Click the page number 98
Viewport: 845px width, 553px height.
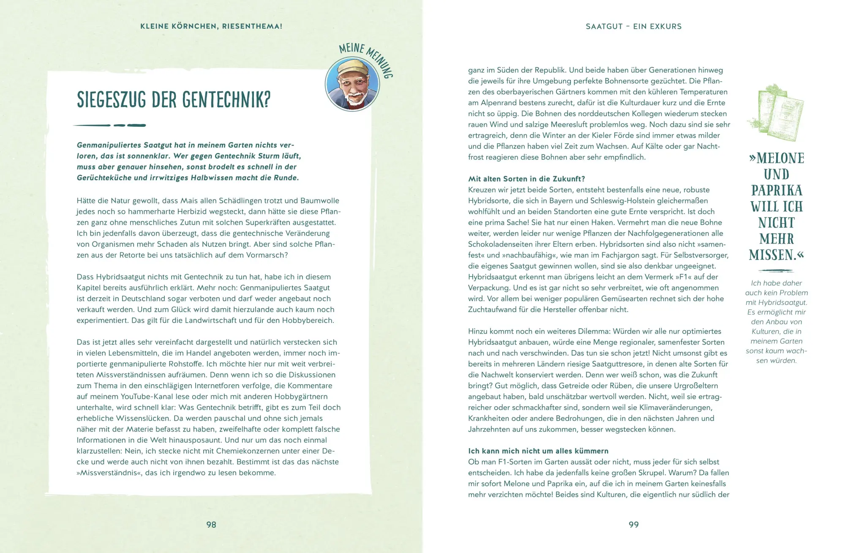(211, 525)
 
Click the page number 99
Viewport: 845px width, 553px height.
(634, 525)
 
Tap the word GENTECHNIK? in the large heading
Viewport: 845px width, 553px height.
(226, 100)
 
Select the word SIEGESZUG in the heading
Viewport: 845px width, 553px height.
(112, 100)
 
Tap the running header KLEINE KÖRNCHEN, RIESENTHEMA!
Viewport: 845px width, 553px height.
(211, 26)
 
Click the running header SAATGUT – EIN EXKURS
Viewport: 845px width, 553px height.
(634, 26)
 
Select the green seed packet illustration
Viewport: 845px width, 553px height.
(777, 112)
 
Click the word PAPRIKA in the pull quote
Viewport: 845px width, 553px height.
(777, 191)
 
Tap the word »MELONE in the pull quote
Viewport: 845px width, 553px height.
(777, 159)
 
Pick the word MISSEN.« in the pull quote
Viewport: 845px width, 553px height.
(777, 255)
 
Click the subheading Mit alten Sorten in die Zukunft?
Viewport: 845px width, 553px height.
(526, 179)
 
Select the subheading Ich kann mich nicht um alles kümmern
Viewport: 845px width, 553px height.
(538, 451)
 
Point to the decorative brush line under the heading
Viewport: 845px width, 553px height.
(110, 125)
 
